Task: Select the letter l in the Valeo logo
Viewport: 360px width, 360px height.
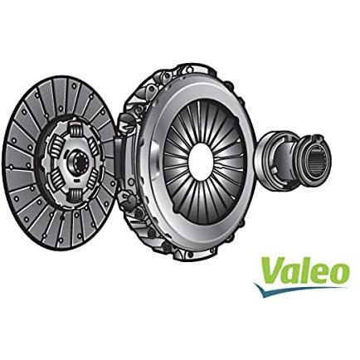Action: [306, 270]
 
